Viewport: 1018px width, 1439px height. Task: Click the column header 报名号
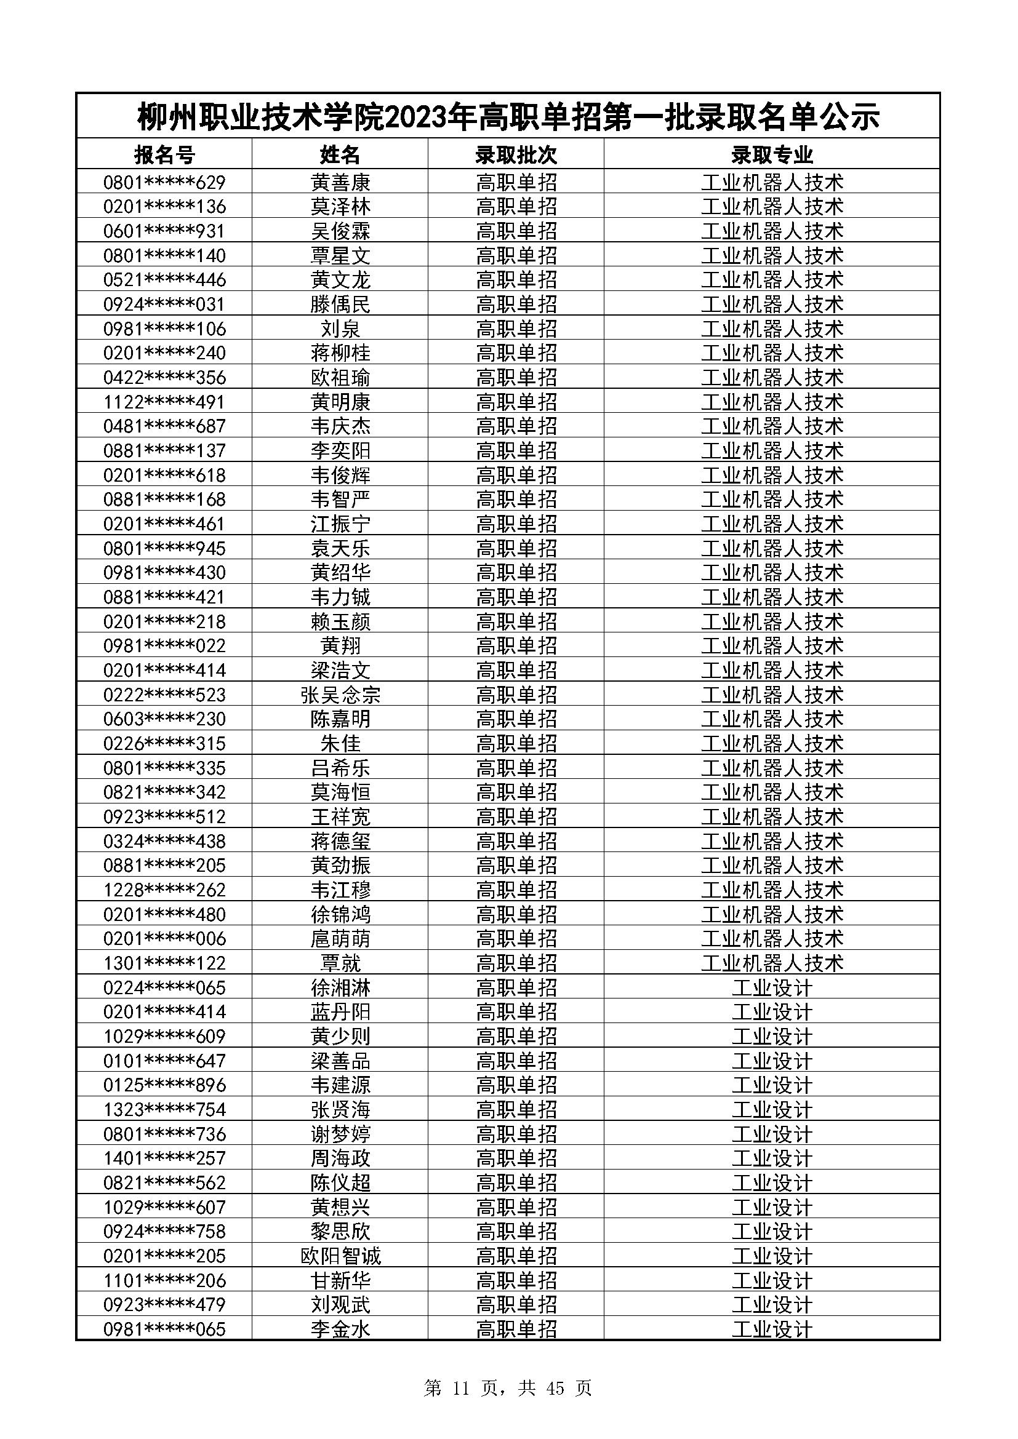pos(164,154)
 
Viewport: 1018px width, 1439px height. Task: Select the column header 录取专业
pos(772,154)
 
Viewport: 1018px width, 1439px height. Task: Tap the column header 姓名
pos(340,154)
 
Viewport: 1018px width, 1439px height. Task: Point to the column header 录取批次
pos(516,154)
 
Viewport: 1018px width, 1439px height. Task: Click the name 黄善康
pos(340,182)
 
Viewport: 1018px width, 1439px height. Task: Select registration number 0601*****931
pos(164,231)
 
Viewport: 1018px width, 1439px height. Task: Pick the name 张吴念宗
pos(340,695)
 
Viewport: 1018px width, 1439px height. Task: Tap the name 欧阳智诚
pos(340,1256)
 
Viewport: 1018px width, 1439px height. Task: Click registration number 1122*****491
pos(164,402)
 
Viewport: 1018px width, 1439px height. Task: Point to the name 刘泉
pos(340,329)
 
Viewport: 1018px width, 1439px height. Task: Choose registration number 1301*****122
pos(164,963)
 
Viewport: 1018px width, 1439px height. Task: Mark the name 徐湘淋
pos(340,988)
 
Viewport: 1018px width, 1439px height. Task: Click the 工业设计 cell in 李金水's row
pos(772,1329)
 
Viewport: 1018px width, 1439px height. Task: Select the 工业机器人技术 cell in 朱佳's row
pos(772,743)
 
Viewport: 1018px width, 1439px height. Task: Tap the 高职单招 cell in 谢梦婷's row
pos(516,1134)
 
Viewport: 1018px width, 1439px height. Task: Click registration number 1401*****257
pos(164,1158)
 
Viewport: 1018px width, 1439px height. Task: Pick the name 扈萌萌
pos(340,938)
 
